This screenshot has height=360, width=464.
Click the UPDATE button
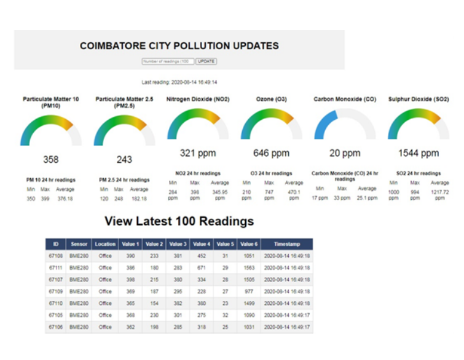pos(206,61)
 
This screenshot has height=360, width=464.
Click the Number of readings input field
pos(168,61)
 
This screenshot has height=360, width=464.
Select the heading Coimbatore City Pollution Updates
pos(179,46)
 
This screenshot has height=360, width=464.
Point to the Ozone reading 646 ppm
pos(271,153)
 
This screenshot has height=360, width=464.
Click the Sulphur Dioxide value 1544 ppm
pos(418,153)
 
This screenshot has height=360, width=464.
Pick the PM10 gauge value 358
pos(50,160)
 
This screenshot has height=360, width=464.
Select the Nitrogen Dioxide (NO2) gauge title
pos(198,99)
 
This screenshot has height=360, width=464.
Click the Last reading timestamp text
pos(179,82)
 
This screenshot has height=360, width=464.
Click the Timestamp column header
pos(286,244)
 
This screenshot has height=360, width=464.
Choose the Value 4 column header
pos(201,244)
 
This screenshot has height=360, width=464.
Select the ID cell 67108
pos(56,256)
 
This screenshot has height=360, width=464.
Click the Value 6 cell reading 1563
pos(249,268)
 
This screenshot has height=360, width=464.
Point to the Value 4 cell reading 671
pos(201,268)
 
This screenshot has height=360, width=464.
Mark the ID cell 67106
pos(56,327)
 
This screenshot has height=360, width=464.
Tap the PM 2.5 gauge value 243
pos(124,160)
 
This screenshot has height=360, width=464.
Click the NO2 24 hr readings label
pos(198,173)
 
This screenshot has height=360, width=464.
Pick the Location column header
pos(105,244)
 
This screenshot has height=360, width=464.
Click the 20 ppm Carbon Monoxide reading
pos(344,153)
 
